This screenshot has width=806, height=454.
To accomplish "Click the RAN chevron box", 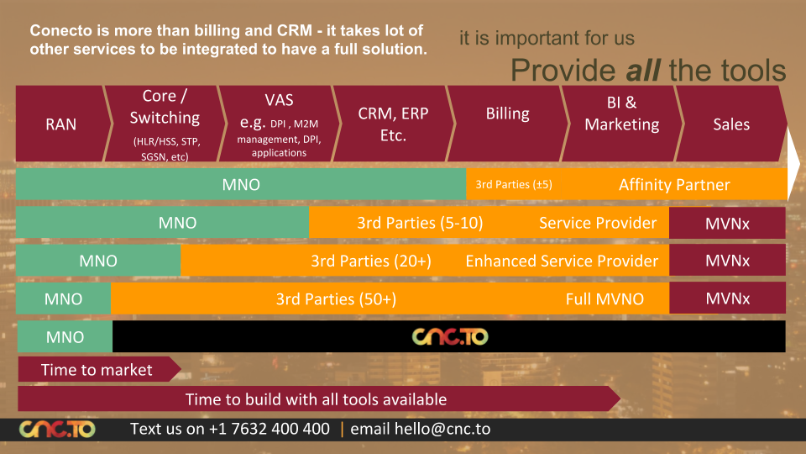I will pyautogui.click(x=60, y=124).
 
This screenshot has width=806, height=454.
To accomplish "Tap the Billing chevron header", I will pyautogui.click(x=507, y=113).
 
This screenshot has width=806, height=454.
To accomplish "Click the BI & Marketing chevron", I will pyautogui.click(x=621, y=113).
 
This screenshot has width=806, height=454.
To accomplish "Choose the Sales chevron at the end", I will pyautogui.click(x=730, y=124).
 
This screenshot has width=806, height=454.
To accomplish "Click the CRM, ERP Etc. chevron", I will pyautogui.click(x=393, y=124).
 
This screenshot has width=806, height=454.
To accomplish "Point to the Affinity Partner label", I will pyautogui.click(x=674, y=185).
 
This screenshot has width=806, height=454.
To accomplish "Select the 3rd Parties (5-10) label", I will pyautogui.click(x=420, y=223).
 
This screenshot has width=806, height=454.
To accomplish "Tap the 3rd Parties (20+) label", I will pyautogui.click(x=371, y=261).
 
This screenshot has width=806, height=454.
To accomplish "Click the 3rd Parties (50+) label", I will pyautogui.click(x=336, y=298).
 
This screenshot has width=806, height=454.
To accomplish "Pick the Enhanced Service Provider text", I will pyautogui.click(x=562, y=261).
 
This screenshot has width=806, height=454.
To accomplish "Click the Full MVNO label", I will pyautogui.click(x=604, y=298).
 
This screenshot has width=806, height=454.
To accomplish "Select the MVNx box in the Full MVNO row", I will pyautogui.click(x=727, y=298).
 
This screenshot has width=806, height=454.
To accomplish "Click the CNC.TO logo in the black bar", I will pyautogui.click(x=450, y=336).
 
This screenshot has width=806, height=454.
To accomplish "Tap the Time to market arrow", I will pyautogui.click(x=97, y=370).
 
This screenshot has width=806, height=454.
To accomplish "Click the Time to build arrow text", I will pyautogui.click(x=316, y=399).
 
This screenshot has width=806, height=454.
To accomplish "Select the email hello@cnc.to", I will pyautogui.click(x=420, y=429).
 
